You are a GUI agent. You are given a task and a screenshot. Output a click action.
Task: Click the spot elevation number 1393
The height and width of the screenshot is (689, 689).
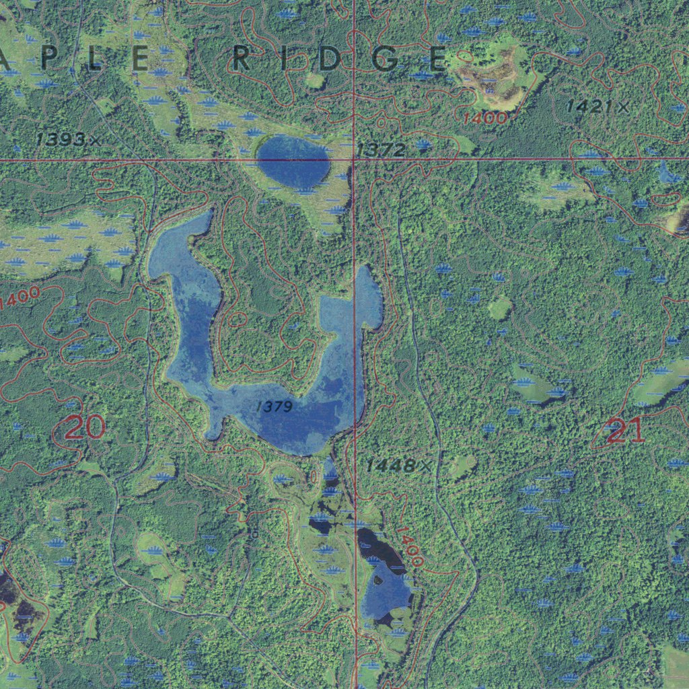(x=61, y=139)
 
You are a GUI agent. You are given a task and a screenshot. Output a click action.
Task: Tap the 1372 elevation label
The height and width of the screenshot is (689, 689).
(x=382, y=150)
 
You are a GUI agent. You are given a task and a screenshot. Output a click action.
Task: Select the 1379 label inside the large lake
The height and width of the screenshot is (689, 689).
(x=275, y=406)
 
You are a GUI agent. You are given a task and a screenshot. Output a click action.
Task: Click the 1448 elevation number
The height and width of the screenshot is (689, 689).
(x=390, y=465)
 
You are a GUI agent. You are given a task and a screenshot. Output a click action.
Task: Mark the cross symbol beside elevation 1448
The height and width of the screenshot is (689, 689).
(x=425, y=465)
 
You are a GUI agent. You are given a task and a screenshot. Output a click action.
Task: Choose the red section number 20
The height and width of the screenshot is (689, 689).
(x=85, y=427)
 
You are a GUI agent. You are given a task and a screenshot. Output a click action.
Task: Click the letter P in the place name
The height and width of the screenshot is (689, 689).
(x=46, y=59)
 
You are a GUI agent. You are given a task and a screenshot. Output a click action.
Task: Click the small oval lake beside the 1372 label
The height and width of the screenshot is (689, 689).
(x=293, y=161)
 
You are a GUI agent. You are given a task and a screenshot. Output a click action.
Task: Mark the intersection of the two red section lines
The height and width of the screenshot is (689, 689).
(x=355, y=159)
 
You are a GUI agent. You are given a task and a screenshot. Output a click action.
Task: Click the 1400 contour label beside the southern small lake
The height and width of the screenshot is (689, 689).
(x=408, y=546)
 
